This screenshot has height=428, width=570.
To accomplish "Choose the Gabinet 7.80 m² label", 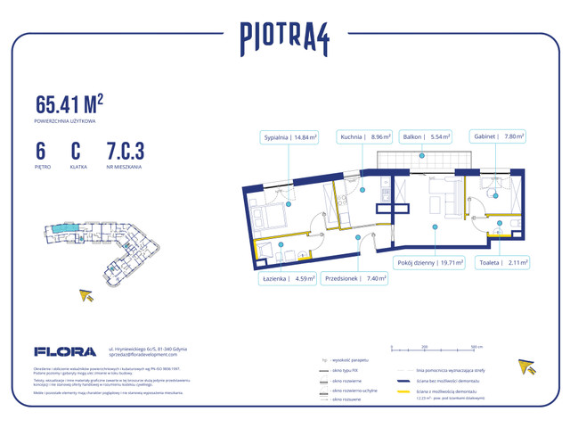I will click(x=498, y=137).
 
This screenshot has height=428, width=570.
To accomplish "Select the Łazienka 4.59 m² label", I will click(x=285, y=279).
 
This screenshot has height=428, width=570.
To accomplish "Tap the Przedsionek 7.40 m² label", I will click(x=356, y=279).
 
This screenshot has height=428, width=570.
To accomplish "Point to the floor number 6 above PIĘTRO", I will click(x=41, y=152).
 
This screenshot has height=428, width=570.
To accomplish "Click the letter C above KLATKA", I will click(x=76, y=152).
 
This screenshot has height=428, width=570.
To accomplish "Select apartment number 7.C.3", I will click(x=125, y=152).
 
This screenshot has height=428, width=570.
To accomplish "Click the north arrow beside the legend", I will click(x=526, y=366).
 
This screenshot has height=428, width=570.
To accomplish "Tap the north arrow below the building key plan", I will click(x=87, y=295).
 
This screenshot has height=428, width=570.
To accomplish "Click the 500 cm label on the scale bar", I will click(x=476, y=345).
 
